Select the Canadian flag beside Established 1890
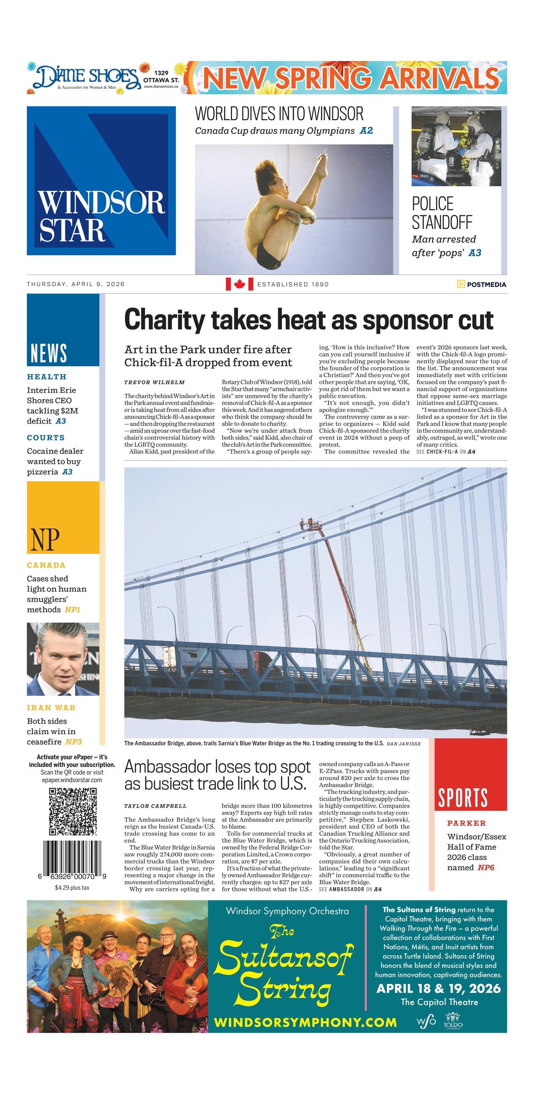pyautogui.click(x=239, y=284)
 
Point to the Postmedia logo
pyautogui.click(x=481, y=284)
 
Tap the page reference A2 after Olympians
pyautogui.click(x=366, y=131)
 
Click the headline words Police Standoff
pyautogui.click(x=442, y=213)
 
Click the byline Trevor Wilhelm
pyautogui.click(x=155, y=382)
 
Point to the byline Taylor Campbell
pyautogui.click(x=155, y=806)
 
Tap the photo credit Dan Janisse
pyautogui.click(x=403, y=744)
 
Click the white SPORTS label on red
pyautogui.click(x=463, y=797)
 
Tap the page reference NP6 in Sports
pyautogui.click(x=486, y=867)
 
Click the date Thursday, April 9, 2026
pyautogui.click(x=76, y=284)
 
